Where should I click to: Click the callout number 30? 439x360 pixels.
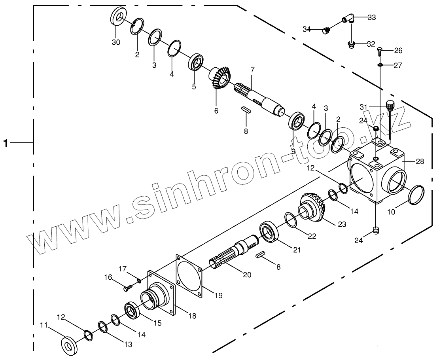[115, 42]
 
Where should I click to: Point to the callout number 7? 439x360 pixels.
[252, 70]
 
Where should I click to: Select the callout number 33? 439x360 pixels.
[372, 17]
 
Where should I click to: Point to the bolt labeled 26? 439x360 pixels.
[379, 50]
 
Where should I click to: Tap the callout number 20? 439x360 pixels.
[247, 275]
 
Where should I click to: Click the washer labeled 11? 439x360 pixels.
[70, 344]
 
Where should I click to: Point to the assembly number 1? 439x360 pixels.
[6, 143]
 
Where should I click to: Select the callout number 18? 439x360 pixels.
[192, 316]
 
